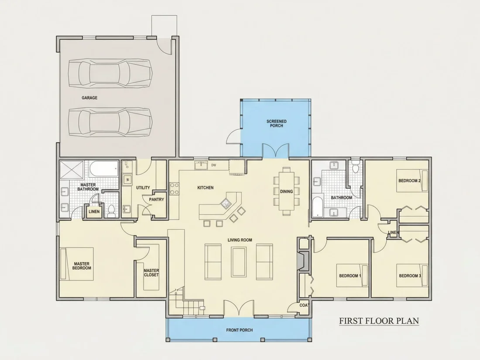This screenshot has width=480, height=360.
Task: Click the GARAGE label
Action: pos(89,98)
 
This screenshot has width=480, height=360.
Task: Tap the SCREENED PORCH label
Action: pos(276,123)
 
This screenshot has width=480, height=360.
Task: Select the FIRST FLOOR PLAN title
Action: pos(379,321)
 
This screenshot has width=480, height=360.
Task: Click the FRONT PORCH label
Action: pos(240,330)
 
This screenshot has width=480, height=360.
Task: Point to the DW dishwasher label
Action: pos(213,165)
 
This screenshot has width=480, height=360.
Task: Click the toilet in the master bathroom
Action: pos(111,211)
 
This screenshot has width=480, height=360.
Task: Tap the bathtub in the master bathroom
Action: pos(104,169)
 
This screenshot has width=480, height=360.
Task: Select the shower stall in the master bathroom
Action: pos(72,169)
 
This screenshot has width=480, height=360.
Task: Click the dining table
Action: pos(286,192)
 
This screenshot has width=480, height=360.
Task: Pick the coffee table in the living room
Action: pos(239,262)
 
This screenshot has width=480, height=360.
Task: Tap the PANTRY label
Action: pos(156,199)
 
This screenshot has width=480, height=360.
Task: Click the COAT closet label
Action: pos(304,305)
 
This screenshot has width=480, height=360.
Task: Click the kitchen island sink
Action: pos(226,202)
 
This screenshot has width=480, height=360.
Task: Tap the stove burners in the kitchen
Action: pos(174,188)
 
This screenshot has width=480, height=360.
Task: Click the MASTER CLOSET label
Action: pos(151,273)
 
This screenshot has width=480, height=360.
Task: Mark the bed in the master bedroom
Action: pos(77,264)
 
